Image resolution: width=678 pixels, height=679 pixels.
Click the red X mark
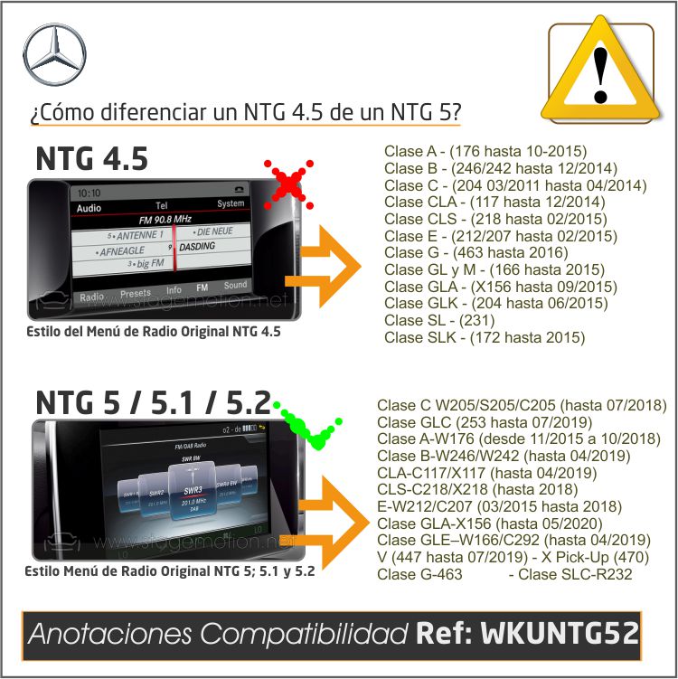287,184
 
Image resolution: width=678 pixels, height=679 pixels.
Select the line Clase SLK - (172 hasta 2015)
485,338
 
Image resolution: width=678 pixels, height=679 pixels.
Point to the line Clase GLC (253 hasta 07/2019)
471,421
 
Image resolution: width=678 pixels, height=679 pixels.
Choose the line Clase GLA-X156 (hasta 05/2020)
485,523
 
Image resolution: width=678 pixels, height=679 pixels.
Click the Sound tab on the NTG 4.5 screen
236,286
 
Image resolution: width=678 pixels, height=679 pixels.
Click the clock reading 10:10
89,193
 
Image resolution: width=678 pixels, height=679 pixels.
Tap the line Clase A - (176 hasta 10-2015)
485,150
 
